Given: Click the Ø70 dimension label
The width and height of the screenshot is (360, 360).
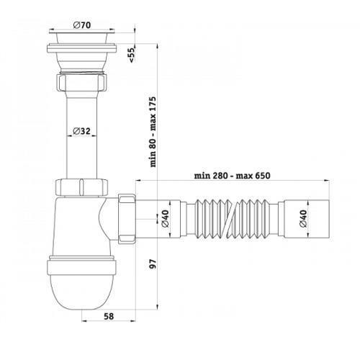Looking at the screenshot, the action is tap(82, 25).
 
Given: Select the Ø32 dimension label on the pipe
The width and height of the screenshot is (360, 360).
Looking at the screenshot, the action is tap(81, 131).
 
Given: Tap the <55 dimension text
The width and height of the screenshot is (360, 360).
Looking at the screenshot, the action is tap(132, 55).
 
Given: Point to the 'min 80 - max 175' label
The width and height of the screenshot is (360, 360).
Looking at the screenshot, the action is tap(153, 132).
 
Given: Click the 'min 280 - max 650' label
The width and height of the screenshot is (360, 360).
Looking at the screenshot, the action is tap(232, 176).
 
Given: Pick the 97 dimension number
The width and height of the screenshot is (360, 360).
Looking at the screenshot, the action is tap(153, 264).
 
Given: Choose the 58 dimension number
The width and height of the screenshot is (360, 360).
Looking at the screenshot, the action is tap(109, 316).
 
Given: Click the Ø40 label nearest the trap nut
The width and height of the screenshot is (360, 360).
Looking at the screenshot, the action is tap(166, 219).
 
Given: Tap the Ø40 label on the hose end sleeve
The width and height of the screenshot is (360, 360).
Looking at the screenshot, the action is tap(303, 218).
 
